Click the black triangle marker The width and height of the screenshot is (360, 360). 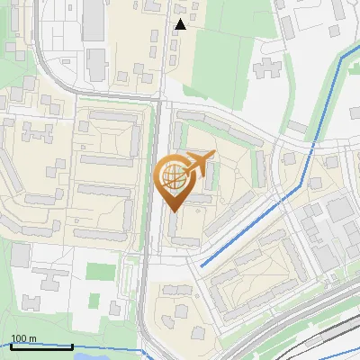coord(181,24)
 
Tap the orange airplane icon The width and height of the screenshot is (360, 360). coord(199,164)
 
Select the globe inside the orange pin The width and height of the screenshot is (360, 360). coord(174,176)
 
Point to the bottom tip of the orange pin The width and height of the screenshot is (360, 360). coord(174,211)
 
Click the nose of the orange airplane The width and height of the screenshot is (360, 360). coord(214,155)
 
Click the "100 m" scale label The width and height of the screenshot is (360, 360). coord(23,338)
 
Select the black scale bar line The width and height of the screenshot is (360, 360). coord(41,346)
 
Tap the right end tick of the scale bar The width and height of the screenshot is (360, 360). coord(72,345)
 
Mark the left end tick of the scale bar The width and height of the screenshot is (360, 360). coord(10,345)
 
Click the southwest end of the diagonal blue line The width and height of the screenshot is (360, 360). coord(200,265)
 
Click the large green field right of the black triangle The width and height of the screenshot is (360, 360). coord(225,54)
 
